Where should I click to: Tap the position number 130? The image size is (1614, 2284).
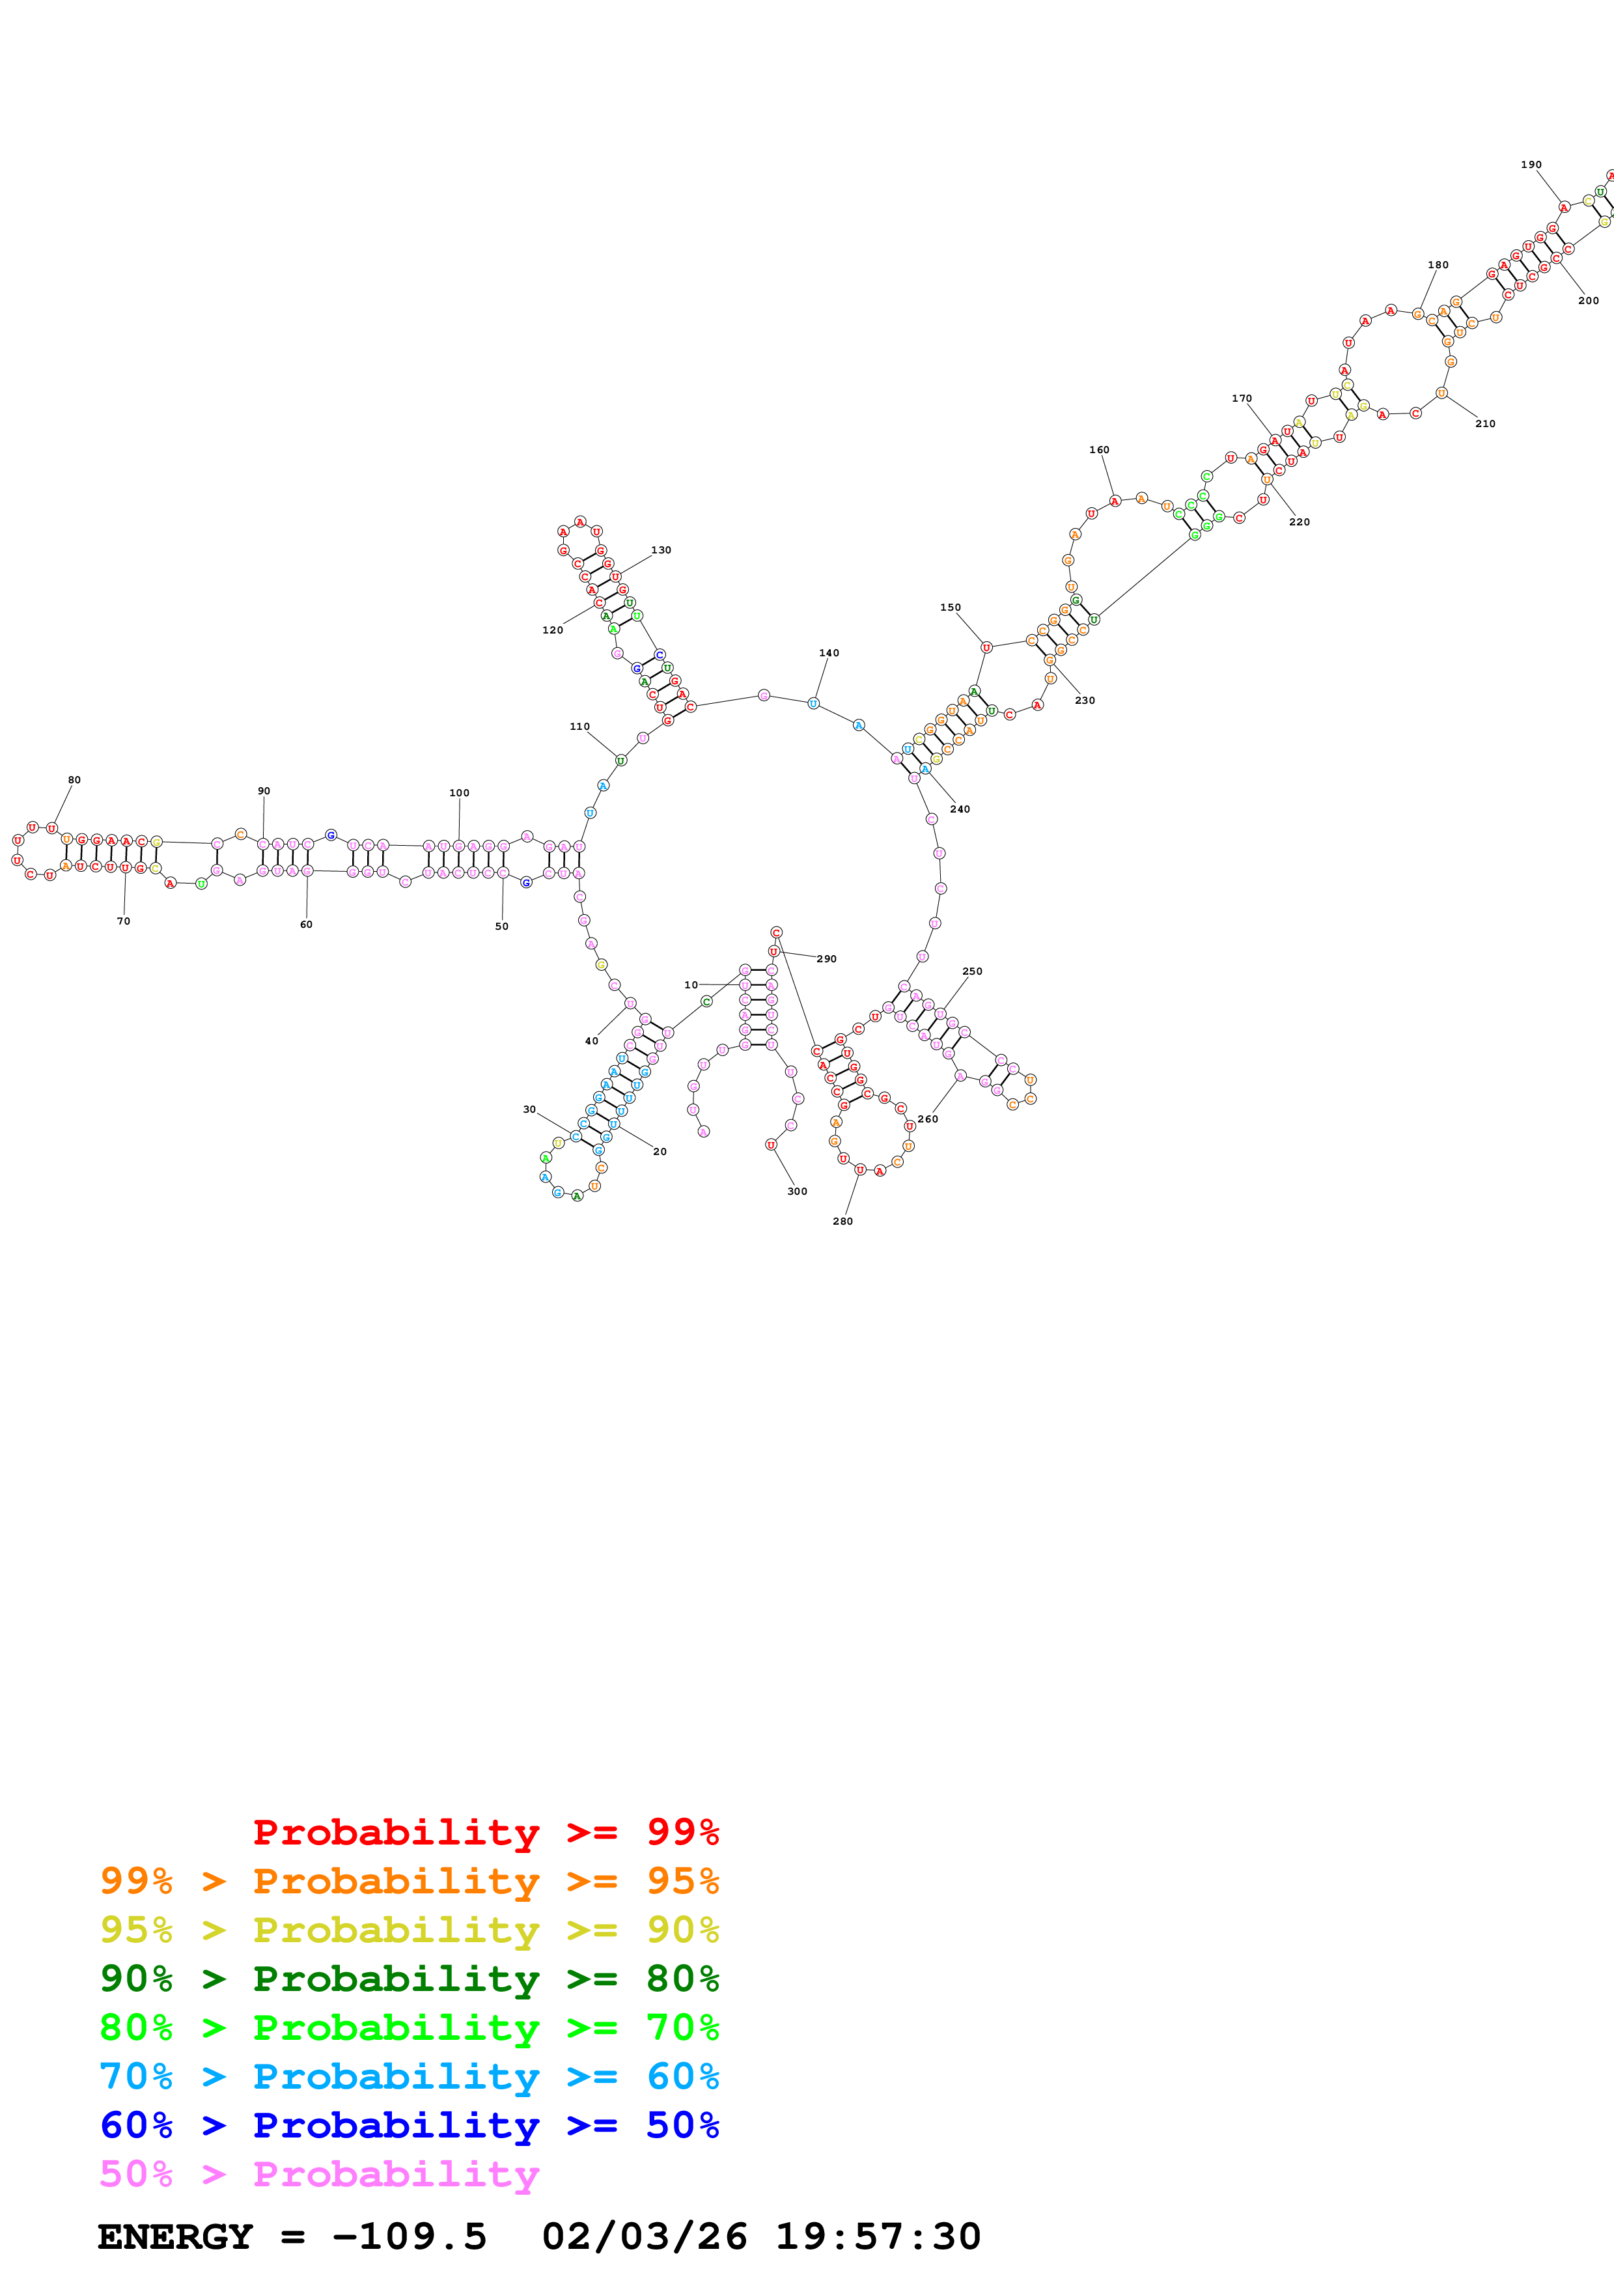tap(661, 550)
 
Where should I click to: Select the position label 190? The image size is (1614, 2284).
tap(1531, 165)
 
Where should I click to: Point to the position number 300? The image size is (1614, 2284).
tap(798, 1191)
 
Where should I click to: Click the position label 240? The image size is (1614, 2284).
tap(960, 809)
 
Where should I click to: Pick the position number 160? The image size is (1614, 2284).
tap(1099, 450)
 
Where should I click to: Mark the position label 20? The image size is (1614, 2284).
tap(660, 1151)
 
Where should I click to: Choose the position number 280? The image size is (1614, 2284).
tap(842, 1221)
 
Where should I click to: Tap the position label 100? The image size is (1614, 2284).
tap(460, 793)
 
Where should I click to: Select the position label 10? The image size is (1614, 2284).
tap(691, 985)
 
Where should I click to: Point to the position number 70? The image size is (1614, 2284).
tap(123, 921)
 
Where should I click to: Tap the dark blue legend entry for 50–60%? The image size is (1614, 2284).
tap(409, 2125)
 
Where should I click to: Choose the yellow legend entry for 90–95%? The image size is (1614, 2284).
tap(409, 1930)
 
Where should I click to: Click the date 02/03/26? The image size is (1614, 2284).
tap(645, 2236)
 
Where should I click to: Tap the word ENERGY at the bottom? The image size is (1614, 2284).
tap(175, 2236)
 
